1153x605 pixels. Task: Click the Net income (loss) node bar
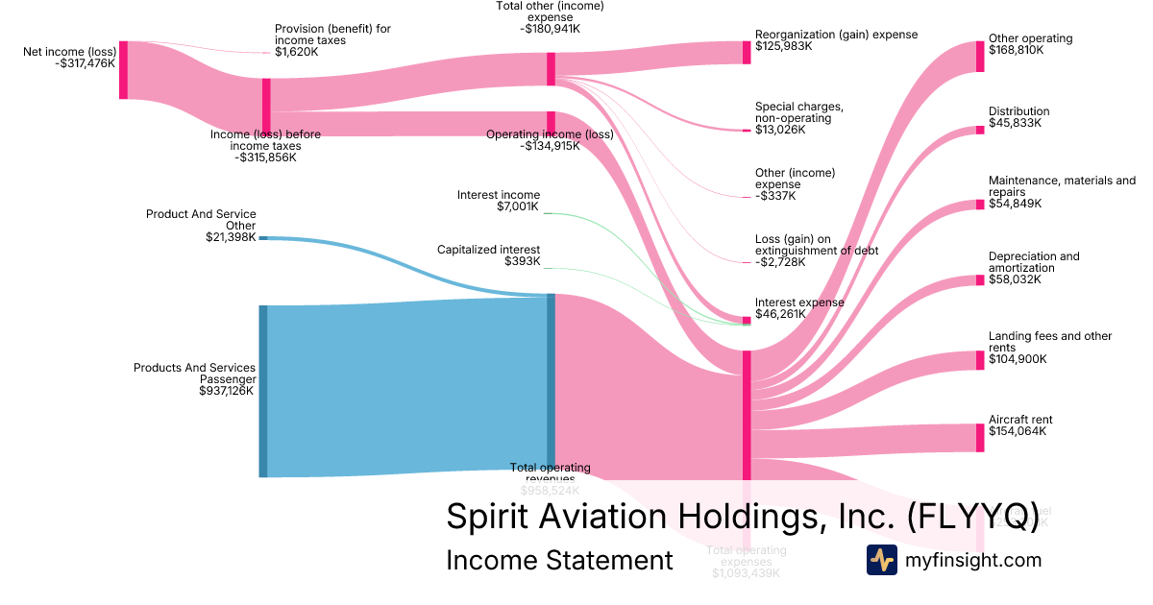tap(123, 70)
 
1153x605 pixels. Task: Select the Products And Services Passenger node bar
tap(263, 391)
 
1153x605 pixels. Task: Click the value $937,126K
tap(227, 391)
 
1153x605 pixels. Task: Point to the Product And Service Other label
tap(201, 220)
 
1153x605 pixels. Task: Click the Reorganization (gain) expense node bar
tap(747, 52)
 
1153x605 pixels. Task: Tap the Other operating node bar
tap(980, 57)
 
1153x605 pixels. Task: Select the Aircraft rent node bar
tap(980, 438)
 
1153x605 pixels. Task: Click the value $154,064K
tap(1018, 432)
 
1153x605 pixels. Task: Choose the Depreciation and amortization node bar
tap(980, 280)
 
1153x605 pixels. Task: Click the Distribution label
tap(1018, 111)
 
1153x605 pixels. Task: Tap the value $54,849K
tap(1015, 204)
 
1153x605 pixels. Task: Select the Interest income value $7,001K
tap(519, 207)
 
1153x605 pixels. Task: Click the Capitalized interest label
tap(488, 250)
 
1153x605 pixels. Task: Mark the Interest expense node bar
tap(747, 320)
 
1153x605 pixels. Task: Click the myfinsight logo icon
tap(882, 560)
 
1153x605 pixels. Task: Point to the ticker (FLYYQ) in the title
tap(972, 517)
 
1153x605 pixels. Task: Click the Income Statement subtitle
tap(559, 560)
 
